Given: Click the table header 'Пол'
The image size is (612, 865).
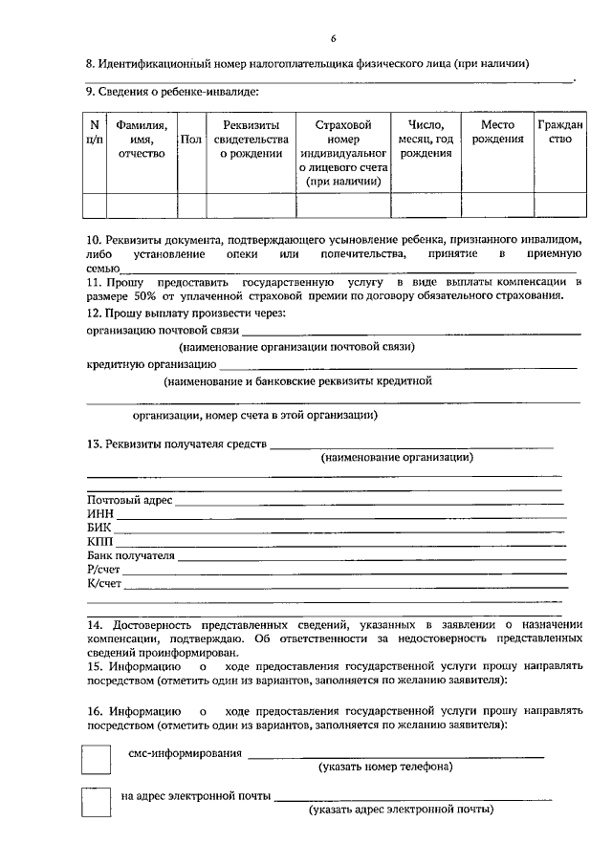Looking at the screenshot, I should pyautogui.click(x=190, y=140).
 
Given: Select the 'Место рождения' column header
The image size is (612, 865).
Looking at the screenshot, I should pyautogui.click(x=497, y=132).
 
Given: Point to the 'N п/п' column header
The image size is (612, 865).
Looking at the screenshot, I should pyautogui.click(x=94, y=132).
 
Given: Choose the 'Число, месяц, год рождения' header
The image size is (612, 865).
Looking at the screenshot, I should pyautogui.click(x=426, y=139).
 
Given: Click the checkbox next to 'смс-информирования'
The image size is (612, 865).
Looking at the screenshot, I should pyautogui.click(x=96, y=760).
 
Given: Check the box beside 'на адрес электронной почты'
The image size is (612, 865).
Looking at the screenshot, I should pyautogui.click(x=96, y=802).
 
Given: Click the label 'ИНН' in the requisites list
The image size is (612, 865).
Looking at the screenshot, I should pyautogui.click(x=99, y=513).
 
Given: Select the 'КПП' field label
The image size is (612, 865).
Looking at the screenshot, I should pyautogui.click(x=99, y=541).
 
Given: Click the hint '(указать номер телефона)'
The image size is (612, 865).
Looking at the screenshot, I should pyautogui.click(x=385, y=767).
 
